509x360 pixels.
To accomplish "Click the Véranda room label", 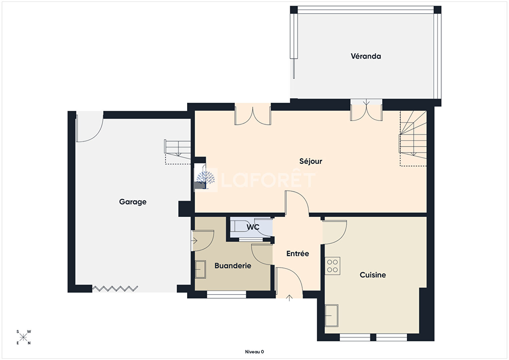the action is pyautogui.click(x=366, y=56).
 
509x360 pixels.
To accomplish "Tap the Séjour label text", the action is pyautogui.click(x=311, y=161).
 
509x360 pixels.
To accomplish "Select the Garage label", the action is pyautogui.click(x=133, y=202).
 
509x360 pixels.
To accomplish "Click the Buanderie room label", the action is pyautogui.click(x=233, y=266).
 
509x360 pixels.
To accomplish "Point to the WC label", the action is pyautogui.click(x=253, y=227).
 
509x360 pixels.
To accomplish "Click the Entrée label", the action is pyautogui.click(x=298, y=254).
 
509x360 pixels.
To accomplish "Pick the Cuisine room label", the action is pyautogui.click(x=373, y=275).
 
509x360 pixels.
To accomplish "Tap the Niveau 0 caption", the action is pyautogui.click(x=255, y=352).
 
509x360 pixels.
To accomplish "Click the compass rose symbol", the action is pyautogui.click(x=23, y=338).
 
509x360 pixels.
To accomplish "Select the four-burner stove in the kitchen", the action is pyautogui.click(x=332, y=266).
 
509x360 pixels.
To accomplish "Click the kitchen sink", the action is pyautogui.click(x=332, y=315).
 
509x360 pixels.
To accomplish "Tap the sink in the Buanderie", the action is pyautogui.click(x=200, y=269).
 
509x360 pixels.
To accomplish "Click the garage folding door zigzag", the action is pyautogui.click(x=115, y=289).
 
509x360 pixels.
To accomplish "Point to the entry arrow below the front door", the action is pyautogui.click(x=289, y=298).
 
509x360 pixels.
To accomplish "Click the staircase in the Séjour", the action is pyautogui.click(x=413, y=138).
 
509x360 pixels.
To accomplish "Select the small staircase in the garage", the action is pyautogui.click(x=178, y=151).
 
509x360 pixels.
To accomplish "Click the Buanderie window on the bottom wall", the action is pyautogui.click(x=226, y=295).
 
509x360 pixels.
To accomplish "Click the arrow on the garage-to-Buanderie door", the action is pyautogui.click(x=195, y=241).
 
